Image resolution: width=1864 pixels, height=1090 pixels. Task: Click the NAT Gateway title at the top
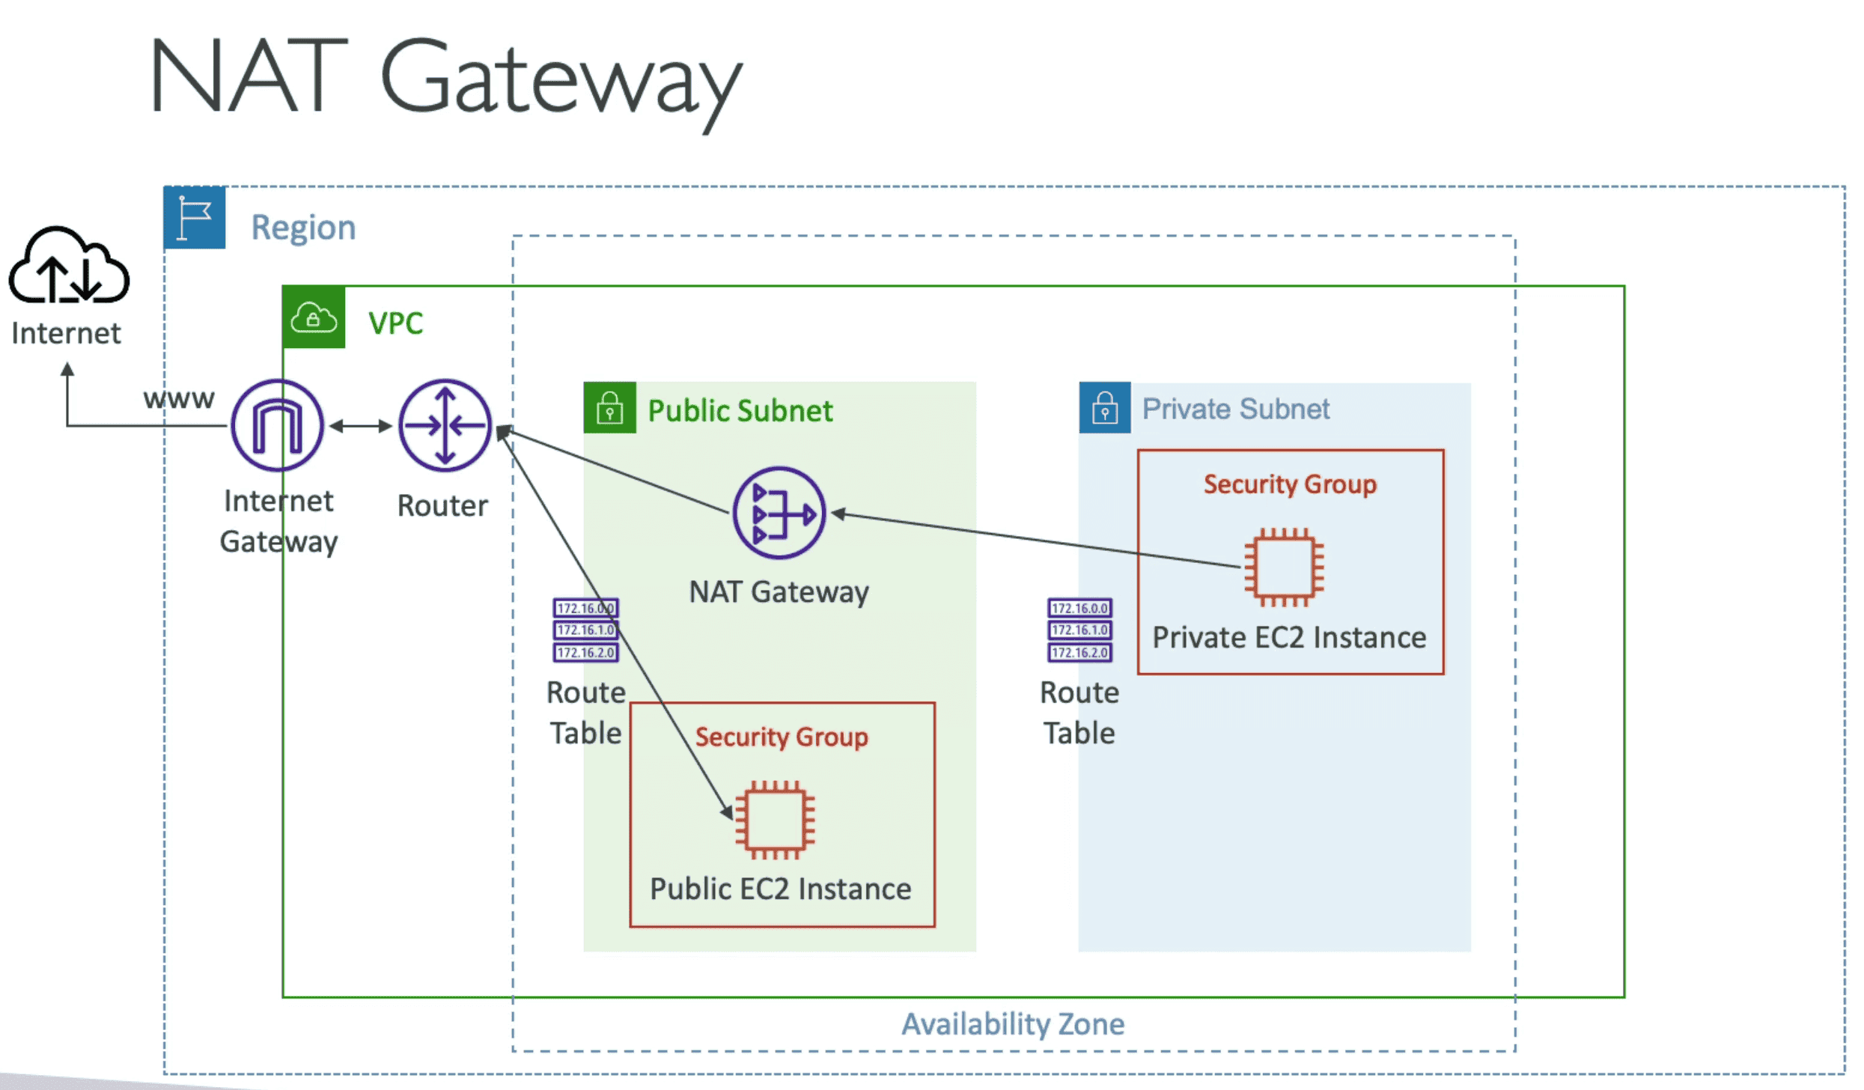446,79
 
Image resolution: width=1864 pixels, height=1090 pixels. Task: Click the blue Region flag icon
195,218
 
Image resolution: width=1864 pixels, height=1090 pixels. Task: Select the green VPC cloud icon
314,317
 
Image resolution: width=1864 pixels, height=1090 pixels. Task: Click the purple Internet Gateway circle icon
277,425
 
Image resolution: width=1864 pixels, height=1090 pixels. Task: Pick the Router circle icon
445,425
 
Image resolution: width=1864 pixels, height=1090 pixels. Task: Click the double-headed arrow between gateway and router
361,426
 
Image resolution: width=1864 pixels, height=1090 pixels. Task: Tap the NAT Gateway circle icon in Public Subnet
779,514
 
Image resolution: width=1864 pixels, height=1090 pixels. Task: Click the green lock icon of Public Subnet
609,408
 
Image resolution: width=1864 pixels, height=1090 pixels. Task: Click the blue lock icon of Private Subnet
1104,408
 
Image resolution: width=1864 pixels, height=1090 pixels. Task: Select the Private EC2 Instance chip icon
1284,567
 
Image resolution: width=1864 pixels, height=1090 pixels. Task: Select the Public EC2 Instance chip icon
775,820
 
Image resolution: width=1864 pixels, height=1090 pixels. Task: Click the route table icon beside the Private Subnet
1079,630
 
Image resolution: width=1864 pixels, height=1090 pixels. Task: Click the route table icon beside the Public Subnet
585,630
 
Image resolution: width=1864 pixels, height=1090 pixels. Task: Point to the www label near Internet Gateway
179,399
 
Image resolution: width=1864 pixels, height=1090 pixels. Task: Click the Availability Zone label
1012,1024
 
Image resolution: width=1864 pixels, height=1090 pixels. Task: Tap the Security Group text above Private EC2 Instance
1290,484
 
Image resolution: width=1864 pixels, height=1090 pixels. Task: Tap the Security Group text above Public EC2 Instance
782,737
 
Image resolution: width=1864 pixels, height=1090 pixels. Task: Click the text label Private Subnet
1235,409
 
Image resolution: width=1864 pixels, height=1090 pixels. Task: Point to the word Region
303,228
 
